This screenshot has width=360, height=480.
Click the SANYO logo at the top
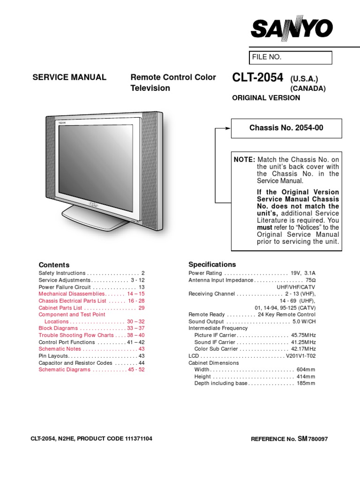pyautogui.click(x=292, y=29)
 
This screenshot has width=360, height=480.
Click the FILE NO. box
pyautogui.click(x=291, y=57)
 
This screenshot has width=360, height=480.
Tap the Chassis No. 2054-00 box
pyautogui.click(x=286, y=128)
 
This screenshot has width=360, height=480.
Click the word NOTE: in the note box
pyautogui.click(x=244, y=160)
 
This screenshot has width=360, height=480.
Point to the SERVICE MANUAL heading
pyautogui.click(x=69, y=77)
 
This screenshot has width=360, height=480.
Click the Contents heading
pyautogui.click(x=54, y=264)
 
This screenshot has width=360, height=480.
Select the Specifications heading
pyautogui.click(x=212, y=264)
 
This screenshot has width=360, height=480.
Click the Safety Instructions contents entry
pyautogui.click(x=62, y=273)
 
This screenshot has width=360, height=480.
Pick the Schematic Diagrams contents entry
pyautogui.click(x=64, y=370)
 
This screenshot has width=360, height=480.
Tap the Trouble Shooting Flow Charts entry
pyautogui.click(x=76, y=335)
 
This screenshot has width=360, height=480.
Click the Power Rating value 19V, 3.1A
pyautogui.click(x=303, y=273)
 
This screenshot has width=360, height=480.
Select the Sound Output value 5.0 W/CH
pyautogui.click(x=304, y=322)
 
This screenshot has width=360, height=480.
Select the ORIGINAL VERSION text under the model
pyautogui.click(x=266, y=98)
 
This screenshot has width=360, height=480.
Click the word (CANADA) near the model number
pyautogui.click(x=307, y=88)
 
